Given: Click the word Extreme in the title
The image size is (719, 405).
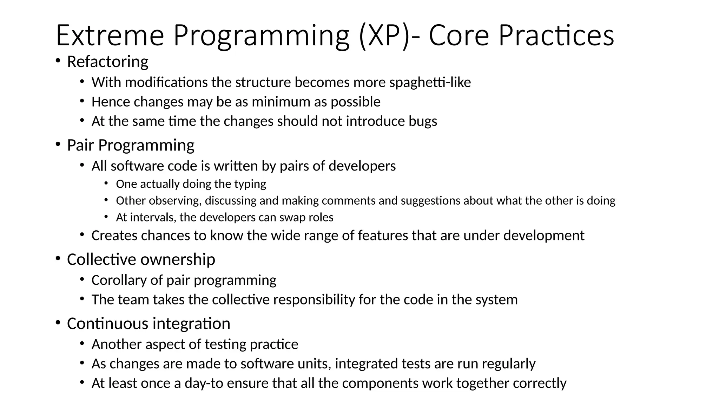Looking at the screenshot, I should coord(110,36).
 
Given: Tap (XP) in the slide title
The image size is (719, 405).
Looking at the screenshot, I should coord(384,36).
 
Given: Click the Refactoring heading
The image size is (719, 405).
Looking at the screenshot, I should coord(107,62).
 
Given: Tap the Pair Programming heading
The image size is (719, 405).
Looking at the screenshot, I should coord(131,145).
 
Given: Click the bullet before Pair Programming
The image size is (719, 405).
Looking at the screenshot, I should coord(58,144).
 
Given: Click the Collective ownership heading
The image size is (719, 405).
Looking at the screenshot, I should coord(141,259).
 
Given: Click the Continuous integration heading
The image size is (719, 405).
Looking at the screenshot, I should coord(149,323).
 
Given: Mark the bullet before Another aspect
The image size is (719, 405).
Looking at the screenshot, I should coord(82,343).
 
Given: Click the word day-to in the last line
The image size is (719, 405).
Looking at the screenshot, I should coord(204,383).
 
